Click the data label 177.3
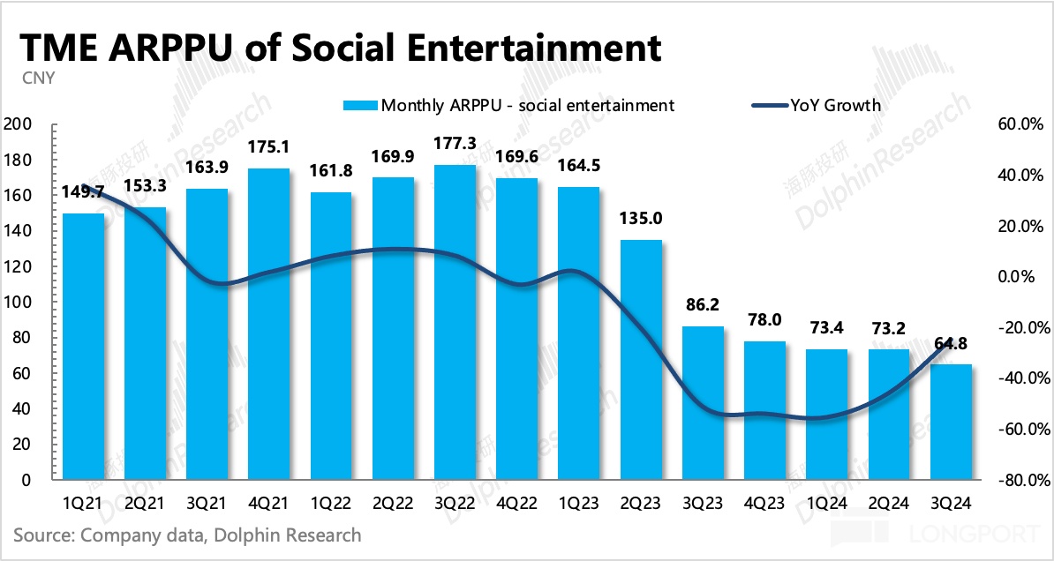tap(456, 144)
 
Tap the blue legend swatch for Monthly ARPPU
tap(360, 106)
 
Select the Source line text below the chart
tap(187, 535)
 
